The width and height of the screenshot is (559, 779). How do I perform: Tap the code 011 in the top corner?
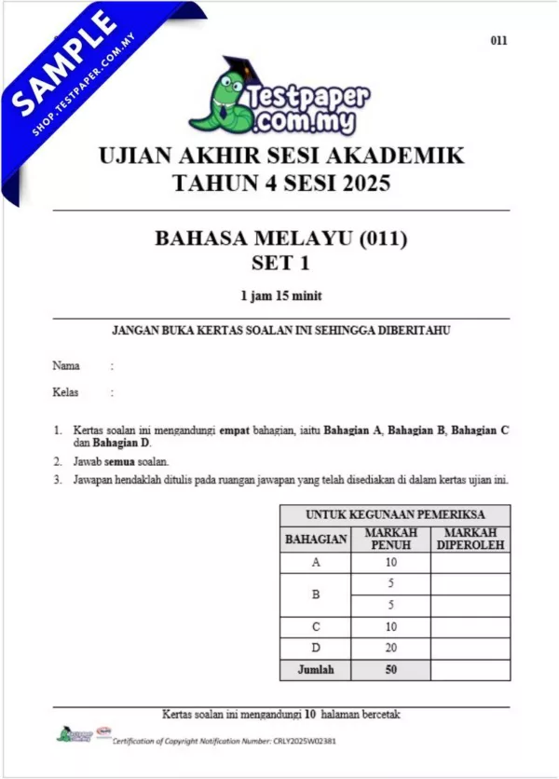[498, 41]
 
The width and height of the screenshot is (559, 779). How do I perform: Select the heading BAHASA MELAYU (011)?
[280, 239]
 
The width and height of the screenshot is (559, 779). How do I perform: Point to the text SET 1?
[280, 262]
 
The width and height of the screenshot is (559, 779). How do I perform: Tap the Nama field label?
[66, 366]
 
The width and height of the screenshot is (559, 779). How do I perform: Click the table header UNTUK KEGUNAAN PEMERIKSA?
[395, 514]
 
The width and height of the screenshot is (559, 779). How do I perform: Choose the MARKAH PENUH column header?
[390, 538]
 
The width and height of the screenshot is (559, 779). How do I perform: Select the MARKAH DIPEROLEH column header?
[470, 538]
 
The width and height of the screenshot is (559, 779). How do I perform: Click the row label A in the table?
[316, 562]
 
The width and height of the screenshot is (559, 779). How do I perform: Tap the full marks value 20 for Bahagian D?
[390, 648]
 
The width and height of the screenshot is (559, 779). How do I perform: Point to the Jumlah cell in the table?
[316, 669]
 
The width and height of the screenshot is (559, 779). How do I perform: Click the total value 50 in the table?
[390, 669]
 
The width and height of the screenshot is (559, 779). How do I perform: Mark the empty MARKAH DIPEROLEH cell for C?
[470, 626]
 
